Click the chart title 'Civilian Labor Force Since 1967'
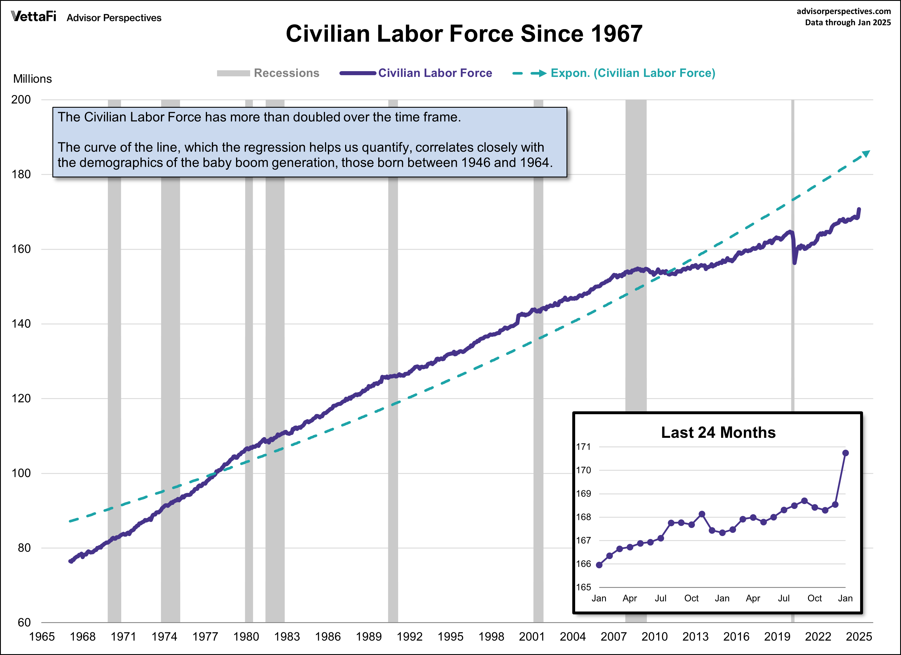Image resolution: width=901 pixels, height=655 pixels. coord(464,34)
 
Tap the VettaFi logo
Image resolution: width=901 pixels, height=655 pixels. coord(34,16)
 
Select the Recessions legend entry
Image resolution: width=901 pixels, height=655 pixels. coord(268,73)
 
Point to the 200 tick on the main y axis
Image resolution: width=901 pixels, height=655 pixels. coord(21,99)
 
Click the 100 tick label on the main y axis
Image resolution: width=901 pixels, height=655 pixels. coord(21,473)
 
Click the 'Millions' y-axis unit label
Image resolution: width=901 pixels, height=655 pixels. coord(33,79)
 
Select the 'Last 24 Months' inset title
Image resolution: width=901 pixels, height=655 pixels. coord(718,432)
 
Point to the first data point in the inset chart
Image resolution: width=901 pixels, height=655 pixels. coord(599,565)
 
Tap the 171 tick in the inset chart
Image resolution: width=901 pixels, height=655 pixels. coord(583,447)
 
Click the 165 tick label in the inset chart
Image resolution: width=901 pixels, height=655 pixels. coord(583,587)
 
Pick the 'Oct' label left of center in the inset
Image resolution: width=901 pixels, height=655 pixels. coord(691,598)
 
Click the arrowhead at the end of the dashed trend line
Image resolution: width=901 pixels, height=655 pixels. coord(866,154)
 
